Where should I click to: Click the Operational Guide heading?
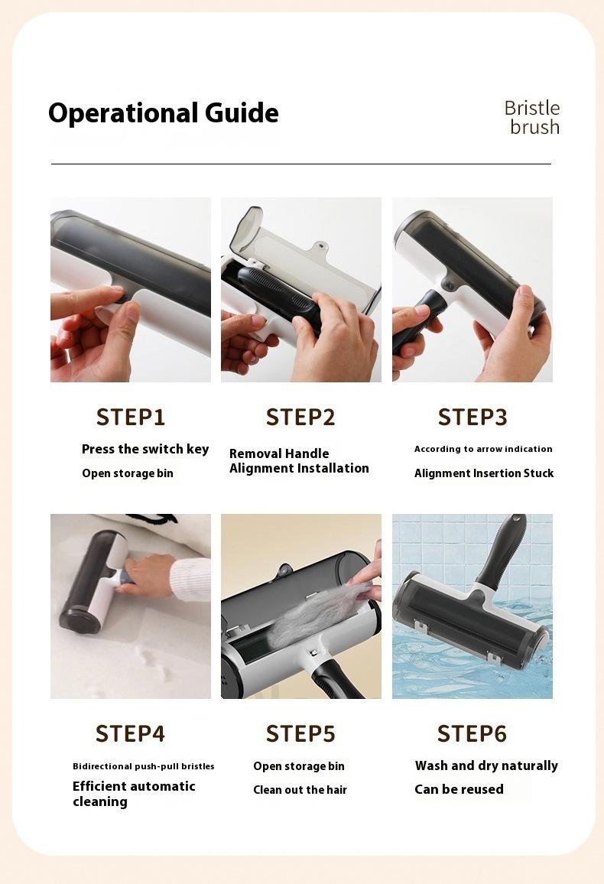coord(163,113)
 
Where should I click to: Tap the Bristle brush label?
coord(532,117)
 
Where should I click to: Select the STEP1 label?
coord(131,417)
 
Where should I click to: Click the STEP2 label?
coord(300,417)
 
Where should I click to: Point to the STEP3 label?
coord(472,417)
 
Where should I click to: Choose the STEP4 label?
coord(131,733)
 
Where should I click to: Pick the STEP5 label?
coord(300,733)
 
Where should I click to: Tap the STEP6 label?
coord(472,733)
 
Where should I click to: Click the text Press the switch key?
coord(145,449)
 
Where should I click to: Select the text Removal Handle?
coord(279,453)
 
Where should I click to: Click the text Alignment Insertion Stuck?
coord(484,473)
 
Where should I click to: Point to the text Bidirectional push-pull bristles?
coord(144,766)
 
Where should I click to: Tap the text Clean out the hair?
coord(300,790)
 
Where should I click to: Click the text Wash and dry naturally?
coord(486,765)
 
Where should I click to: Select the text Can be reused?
coord(459,789)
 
